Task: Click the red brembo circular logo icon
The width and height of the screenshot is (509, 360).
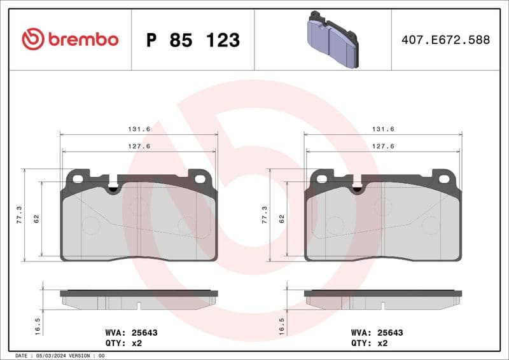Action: pyautogui.click(x=32, y=39)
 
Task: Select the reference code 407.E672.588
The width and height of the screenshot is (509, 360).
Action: pyautogui.click(x=445, y=40)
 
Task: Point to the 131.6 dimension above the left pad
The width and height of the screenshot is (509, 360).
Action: pyautogui.click(x=139, y=128)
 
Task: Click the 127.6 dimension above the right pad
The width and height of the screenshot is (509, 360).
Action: pyautogui.click(x=383, y=146)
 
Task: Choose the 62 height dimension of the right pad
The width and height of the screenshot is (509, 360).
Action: pyautogui.click(x=281, y=218)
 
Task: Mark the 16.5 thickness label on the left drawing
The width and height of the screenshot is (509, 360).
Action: pyautogui.click(x=38, y=325)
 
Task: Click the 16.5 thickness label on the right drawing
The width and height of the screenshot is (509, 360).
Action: pyautogui.click(x=282, y=325)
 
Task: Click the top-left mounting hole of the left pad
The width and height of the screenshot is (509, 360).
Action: pyautogui.click(x=78, y=179)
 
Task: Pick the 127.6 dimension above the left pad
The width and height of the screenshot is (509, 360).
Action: pyautogui.click(x=139, y=146)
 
